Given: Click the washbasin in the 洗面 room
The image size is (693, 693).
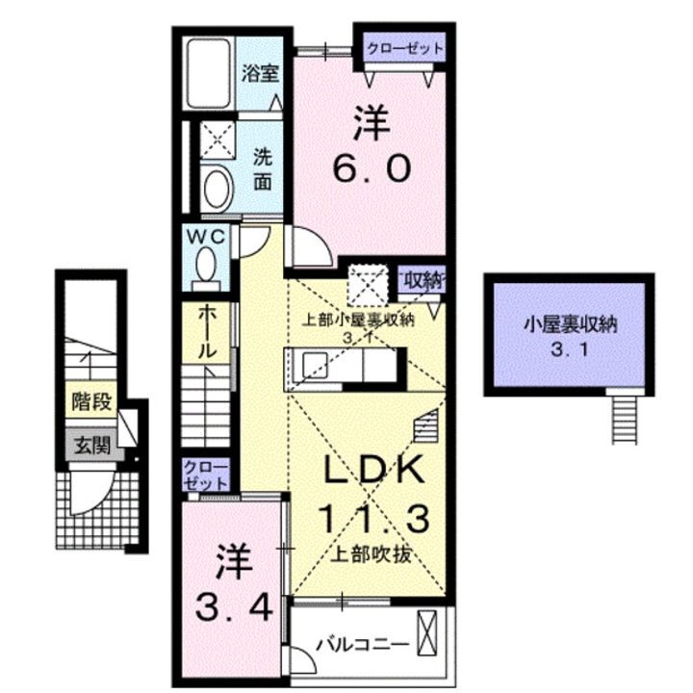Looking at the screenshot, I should (218, 185).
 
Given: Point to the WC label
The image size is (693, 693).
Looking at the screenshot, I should (211, 236).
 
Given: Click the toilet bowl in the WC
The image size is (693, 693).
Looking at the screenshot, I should (206, 262).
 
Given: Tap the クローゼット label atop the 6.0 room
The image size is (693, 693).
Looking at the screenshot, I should (404, 47).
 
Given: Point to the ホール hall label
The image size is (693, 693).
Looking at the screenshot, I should (207, 333).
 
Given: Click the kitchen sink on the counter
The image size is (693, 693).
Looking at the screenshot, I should (316, 367).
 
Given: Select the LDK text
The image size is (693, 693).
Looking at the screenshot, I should (372, 472).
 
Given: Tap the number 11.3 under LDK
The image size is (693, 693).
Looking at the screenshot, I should (372, 520).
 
